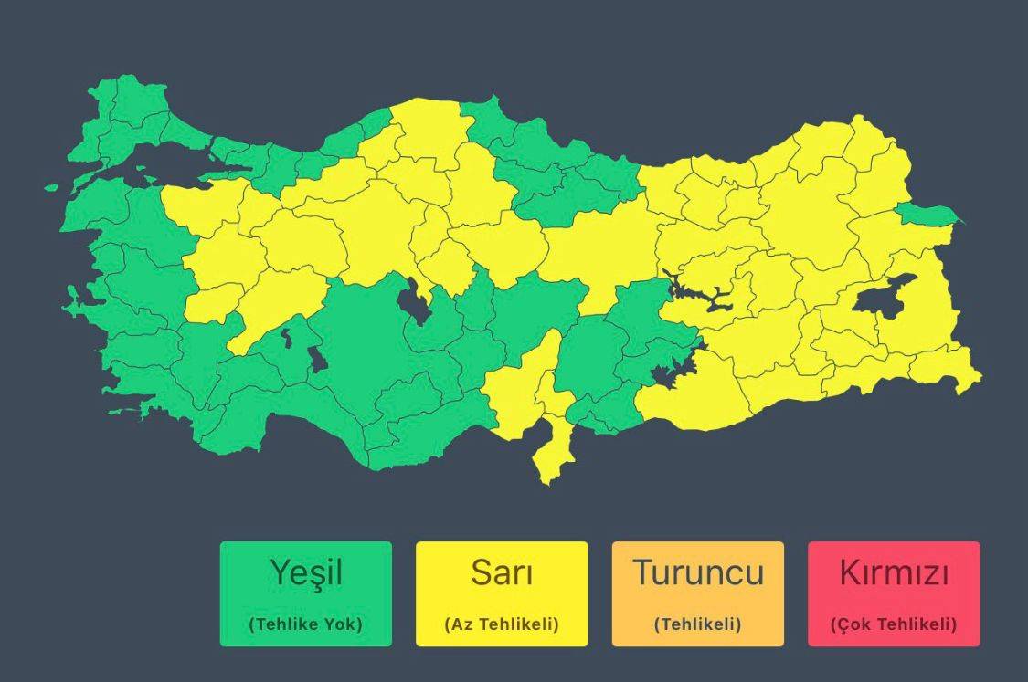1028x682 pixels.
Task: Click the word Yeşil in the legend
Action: (x=305, y=573)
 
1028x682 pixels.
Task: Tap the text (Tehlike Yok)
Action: (x=305, y=624)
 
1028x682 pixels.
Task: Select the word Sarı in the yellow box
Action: (x=502, y=573)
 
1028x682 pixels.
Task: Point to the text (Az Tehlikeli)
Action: (x=502, y=624)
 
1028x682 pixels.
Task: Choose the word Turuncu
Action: (x=698, y=573)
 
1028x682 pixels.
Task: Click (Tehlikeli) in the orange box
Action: (x=698, y=624)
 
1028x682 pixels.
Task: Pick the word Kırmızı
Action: (x=894, y=573)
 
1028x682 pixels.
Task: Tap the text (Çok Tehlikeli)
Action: (x=894, y=624)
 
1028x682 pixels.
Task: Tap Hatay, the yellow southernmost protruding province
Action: (x=546, y=453)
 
